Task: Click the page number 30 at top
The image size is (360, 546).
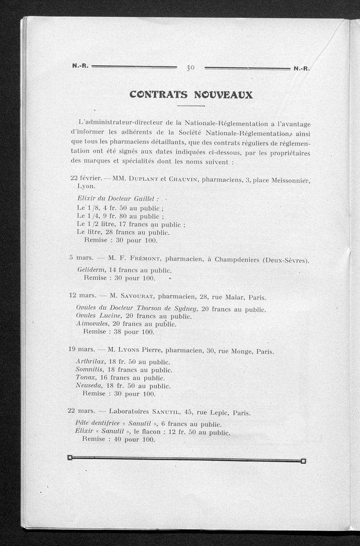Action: pyautogui.click(x=190, y=68)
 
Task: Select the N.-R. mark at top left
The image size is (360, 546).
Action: pyautogui.click(x=81, y=66)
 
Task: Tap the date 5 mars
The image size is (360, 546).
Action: pyautogui.click(x=81, y=258)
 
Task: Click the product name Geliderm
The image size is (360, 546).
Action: pyautogui.click(x=91, y=270)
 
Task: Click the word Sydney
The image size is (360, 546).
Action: pyautogui.click(x=184, y=309)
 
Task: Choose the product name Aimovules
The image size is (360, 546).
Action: pyautogui.click(x=92, y=324)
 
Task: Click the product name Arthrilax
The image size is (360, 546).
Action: pyautogui.click(x=91, y=361)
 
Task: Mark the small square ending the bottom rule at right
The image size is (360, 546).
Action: pyautogui.click(x=303, y=460)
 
